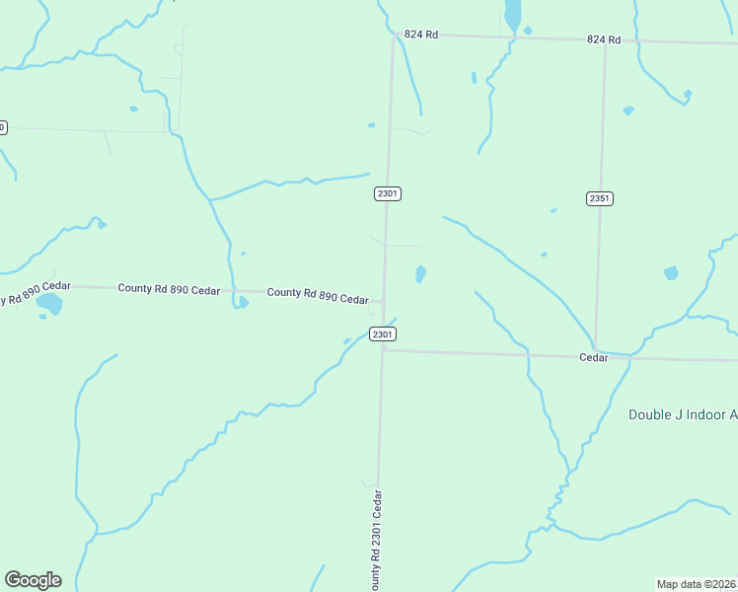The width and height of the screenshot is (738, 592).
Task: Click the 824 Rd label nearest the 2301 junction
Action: [x=420, y=35]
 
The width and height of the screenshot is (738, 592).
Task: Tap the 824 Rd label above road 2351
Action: [x=603, y=39]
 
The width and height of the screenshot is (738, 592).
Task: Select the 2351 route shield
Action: [x=600, y=198]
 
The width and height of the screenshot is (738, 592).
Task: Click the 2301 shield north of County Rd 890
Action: [x=387, y=193]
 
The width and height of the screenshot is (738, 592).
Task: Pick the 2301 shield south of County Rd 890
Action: [x=383, y=335]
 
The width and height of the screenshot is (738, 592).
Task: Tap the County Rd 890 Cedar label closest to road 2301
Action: [x=318, y=294]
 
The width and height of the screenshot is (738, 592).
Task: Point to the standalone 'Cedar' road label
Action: [x=592, y=357]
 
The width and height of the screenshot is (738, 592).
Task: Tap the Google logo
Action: [x=33, y=580]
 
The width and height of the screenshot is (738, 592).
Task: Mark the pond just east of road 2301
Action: [x=421, y=273]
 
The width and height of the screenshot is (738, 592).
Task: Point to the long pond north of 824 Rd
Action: [x=512, y=14]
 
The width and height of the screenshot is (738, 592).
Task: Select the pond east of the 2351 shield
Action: [x=672, y=272]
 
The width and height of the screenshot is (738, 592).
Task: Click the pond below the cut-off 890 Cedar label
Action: [x=49, y=305]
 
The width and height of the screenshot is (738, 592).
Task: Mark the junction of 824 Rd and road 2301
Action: [x=394, y=36]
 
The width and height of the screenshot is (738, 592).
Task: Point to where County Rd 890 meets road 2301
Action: [x=384, y=300]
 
